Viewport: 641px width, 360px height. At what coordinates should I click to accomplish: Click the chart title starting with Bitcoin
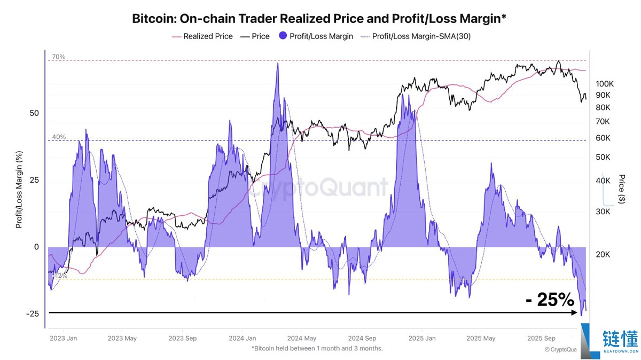pos(319,19)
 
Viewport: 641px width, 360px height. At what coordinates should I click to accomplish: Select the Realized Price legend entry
pos(207,36)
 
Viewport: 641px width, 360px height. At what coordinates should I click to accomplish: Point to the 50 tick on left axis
pos(34,113)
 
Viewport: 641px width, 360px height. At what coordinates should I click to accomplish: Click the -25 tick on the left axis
pos(33,314)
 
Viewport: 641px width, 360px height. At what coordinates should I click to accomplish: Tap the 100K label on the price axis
pos(606,84)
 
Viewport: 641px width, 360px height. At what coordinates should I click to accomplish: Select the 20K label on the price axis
pos(603,254)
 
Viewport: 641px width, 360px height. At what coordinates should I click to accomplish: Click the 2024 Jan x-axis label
pos(242,338)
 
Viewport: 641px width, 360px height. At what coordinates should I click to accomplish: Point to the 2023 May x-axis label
pos(122,338)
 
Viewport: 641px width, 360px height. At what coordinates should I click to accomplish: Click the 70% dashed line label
pos(58,57)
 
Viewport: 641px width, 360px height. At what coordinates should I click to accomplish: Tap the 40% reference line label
pos(59,137)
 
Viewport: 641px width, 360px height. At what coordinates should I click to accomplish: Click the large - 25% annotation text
pos(549,300)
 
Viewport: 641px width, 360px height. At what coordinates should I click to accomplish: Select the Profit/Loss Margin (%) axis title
pos(19,190)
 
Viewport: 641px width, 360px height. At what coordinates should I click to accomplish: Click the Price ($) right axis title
pos(621,188)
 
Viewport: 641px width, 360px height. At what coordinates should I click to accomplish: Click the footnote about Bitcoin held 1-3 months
pos(317,348)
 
